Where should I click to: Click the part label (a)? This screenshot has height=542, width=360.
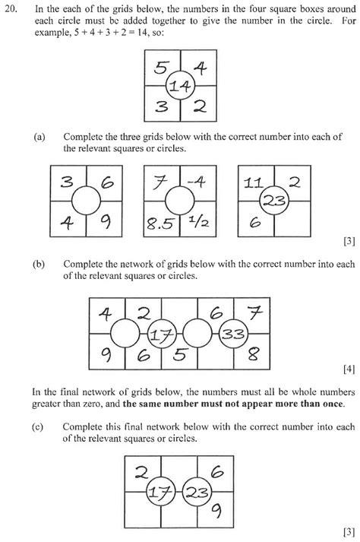coord(39,137)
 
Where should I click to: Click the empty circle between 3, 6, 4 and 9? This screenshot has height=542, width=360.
coord(87,203)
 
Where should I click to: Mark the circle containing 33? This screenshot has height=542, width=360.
coord(233,334)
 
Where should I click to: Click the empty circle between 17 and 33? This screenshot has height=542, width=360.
coord(197,334)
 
